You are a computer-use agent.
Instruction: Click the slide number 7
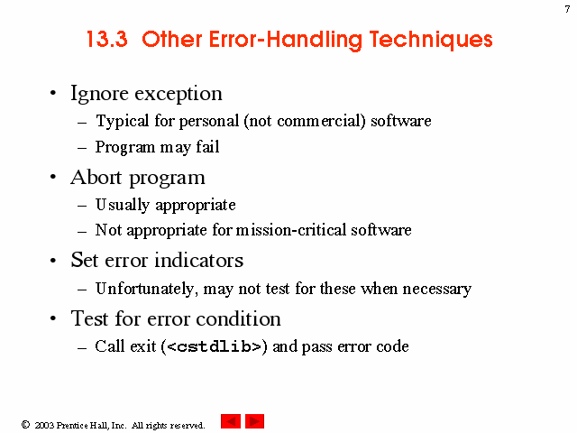567,9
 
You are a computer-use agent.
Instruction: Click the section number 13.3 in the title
107,39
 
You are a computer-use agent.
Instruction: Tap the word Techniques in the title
431,40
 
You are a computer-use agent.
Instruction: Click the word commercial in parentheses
321,121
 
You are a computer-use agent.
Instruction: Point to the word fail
207,146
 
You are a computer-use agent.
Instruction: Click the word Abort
96,178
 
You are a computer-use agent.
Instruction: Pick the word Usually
123,205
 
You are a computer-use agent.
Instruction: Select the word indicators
198,261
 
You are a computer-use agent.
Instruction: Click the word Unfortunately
144,289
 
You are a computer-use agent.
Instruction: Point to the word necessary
436,289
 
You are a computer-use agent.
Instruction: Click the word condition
238,318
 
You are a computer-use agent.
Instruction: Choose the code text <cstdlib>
214,346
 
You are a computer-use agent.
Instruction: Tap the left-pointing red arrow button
231,421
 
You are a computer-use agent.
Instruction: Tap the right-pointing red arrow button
254,421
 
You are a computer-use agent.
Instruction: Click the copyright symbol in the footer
25,425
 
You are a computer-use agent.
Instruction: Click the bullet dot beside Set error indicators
53,261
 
